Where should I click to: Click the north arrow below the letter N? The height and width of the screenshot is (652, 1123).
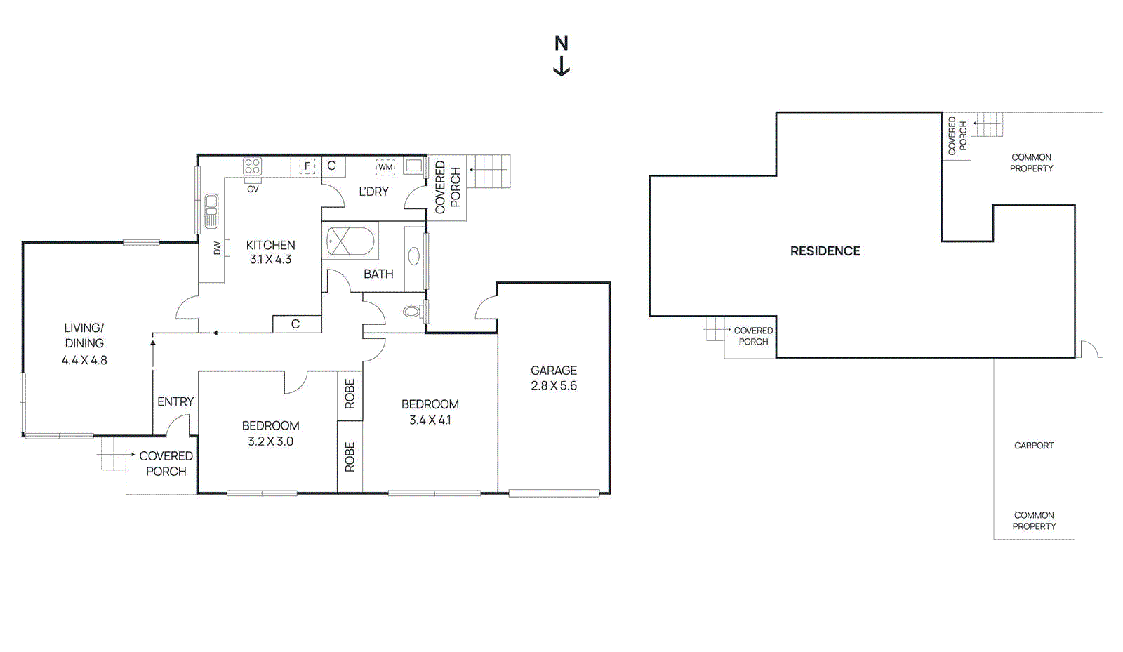[x=561, y=67]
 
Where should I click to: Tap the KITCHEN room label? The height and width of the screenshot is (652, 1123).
[x=270, y=245]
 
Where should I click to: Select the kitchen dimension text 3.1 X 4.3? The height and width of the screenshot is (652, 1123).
[x=270, y=260]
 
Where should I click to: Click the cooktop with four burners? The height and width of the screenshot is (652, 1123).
[x=252, y=166]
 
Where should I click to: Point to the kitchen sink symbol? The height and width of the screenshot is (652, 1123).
[x=211, y=211]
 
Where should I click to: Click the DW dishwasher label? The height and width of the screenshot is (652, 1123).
[x=217, y=248]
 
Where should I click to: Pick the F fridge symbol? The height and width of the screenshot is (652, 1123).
[x=307, y=166]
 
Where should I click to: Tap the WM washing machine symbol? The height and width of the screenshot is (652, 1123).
[x=385, y=167]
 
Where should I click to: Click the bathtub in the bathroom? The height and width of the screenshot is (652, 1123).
[x=350, y=241]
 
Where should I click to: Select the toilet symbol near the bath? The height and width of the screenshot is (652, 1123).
[x=412, y=311]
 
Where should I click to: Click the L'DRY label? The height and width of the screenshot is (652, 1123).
[x=373, y=192]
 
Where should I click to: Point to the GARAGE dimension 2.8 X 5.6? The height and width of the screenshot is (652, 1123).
[x=554, y=386]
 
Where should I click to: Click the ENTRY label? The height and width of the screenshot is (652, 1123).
[x=175, y=401]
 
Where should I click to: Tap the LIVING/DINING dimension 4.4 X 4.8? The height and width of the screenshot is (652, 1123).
[x=84, y=360]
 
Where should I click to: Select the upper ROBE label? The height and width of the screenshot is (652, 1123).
[x=350, y=394]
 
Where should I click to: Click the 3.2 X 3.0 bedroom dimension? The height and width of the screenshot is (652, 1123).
[x=270, y=441]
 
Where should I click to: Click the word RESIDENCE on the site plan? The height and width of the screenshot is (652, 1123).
[x=825, y=251]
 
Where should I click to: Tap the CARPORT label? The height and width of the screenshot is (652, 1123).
[x=1034, y=446]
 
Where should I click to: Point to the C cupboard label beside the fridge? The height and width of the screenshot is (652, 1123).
[x=331, y=166]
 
